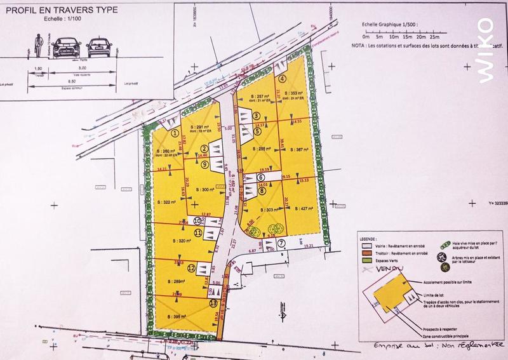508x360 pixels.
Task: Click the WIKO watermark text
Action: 485,49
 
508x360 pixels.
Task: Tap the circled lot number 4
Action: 283,79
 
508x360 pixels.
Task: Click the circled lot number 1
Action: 175,133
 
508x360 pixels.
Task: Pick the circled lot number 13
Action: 212,303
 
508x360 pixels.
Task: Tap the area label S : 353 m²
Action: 295,92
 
